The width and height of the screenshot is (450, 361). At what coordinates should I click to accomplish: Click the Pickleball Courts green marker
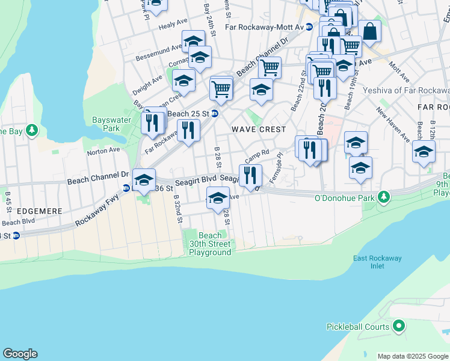pyautogui.click(x=398, y=327)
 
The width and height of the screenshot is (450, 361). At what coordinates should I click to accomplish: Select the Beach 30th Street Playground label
pyautogui.click(x=210, y=244)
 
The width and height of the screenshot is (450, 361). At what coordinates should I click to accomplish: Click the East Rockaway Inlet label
pyautogui.click(x=377, y=262)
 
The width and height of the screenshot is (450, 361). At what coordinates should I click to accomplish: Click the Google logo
pyautogui.click(x=20, y=354)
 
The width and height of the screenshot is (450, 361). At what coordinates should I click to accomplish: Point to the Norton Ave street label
pyautogui.click(x=103, y=150)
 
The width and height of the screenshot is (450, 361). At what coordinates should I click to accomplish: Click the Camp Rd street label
pyautogui.click(x=256, y=156)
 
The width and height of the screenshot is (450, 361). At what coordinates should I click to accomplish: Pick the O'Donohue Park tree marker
pyautogui.click(x=383, y=197)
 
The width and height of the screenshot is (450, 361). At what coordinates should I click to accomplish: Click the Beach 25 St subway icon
pyautogui.click(x=214, y=113)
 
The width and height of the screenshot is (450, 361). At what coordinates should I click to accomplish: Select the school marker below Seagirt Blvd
pyautogui.click(x=218, y=197)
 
